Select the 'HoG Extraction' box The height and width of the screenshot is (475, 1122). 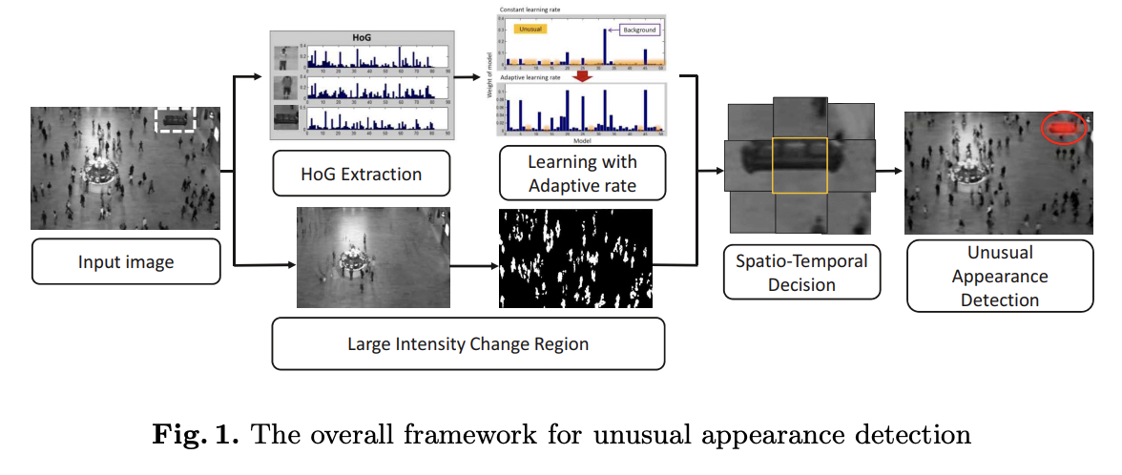point(361,174)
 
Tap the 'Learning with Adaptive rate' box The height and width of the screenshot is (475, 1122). point(582,173)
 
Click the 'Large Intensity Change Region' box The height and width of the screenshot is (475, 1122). point(467,343)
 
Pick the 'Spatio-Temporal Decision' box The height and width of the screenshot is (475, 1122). point(800,272)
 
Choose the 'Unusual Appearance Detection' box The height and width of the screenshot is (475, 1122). point(999,276)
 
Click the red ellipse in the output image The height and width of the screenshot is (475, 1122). point(1063,128)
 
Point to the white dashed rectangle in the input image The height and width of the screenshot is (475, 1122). point(176,120)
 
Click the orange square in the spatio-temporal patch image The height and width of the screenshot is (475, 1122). point(800,165)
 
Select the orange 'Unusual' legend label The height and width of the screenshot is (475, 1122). point(532,30)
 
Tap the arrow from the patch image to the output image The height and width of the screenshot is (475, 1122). point(888,171)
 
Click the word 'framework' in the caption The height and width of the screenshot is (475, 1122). point(519,436)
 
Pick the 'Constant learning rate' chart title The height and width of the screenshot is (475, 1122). point(534,10)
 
